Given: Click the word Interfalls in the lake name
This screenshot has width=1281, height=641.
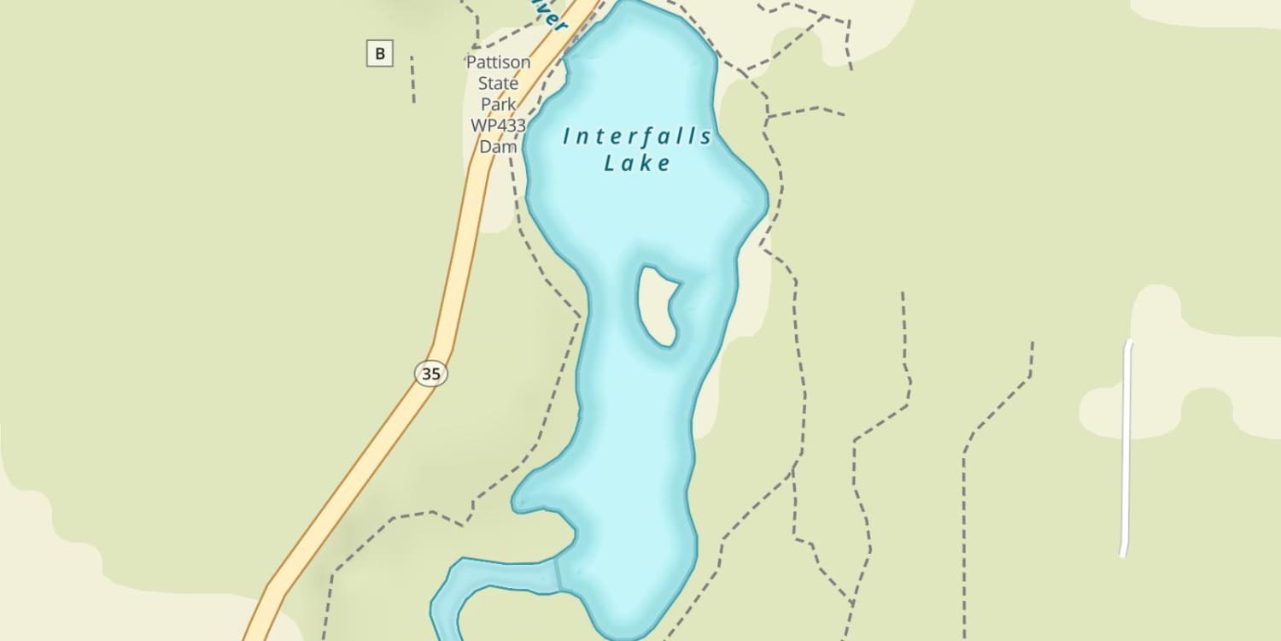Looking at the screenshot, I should [x=638, y=137].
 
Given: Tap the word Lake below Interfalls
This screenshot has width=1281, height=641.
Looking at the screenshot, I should [x=638, y=163].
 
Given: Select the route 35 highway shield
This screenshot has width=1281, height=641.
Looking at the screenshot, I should [x=431, y=373].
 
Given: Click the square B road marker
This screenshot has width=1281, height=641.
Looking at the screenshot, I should [x=380, y=54].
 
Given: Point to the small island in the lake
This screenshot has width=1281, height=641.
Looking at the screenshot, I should [x=658, y=305].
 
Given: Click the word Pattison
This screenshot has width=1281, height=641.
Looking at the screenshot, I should [x=498, y=62].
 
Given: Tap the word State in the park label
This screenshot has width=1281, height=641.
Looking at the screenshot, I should [x=498, y=84].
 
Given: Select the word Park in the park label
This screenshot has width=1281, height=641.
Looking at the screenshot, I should [x=498, y=104].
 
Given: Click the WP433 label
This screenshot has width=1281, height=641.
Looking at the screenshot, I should [x=498, y=126].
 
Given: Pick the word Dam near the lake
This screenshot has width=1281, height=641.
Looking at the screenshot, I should [x=498, y=147].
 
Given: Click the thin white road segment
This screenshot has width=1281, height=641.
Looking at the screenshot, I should [x=1126, y=449].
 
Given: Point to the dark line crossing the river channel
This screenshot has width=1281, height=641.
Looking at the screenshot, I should [x=558, y=574].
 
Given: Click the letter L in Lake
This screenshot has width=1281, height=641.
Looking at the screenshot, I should [x=610, y=163].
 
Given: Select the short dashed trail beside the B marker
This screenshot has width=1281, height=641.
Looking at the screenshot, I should [x=412, y=79].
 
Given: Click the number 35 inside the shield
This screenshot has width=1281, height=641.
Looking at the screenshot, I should [x=431, y=373].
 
